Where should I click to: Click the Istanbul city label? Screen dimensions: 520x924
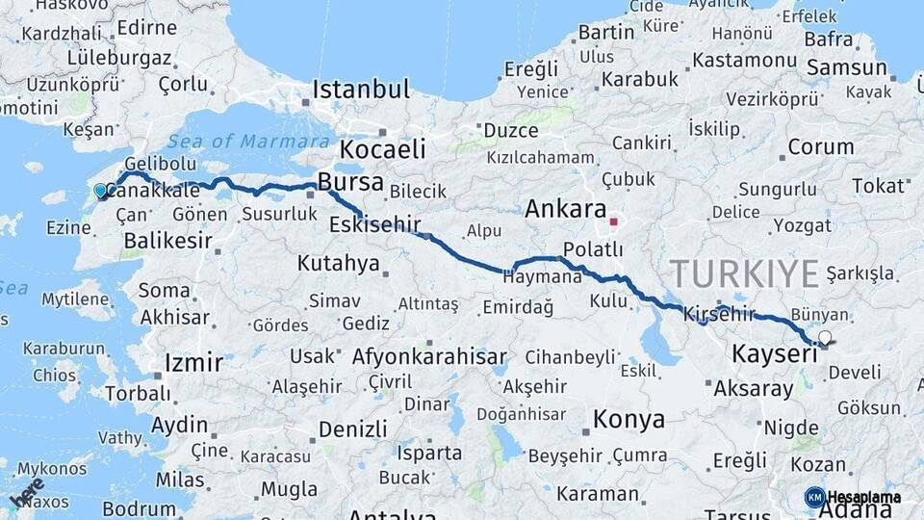pos(361,90)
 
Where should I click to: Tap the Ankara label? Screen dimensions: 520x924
pos(566,209)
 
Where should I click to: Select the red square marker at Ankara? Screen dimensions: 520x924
pos(613,221)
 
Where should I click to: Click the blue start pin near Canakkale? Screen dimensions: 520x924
pos(101,191)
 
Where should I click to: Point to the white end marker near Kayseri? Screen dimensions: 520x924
pos(825,337)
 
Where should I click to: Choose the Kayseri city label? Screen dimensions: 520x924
pos(774,354)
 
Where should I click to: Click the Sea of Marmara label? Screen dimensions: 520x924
pos(231,141)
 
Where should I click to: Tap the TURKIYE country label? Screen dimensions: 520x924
pos(744,273)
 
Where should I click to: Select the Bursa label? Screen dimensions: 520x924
pos(350,182)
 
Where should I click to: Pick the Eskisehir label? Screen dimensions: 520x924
pos(375,225)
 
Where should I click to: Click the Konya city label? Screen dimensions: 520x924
pos(629,420)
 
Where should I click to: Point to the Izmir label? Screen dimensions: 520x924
pos(193,363)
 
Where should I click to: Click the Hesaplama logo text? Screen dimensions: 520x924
pos(863,497)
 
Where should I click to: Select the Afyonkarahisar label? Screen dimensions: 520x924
pos(429,357)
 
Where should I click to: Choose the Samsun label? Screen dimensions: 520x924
pos(847,67)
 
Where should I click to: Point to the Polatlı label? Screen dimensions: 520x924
pos(593,249)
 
